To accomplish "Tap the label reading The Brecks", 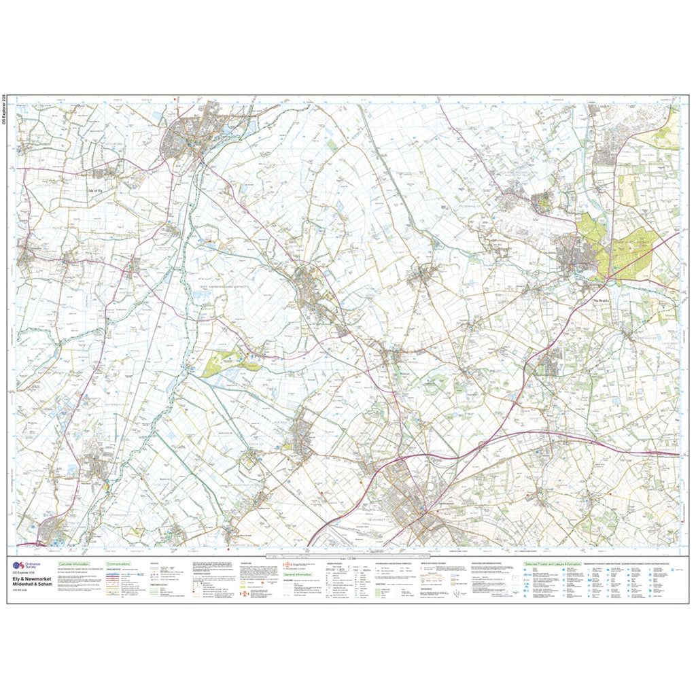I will [x=602, y=301].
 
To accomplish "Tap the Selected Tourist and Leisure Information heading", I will [x=552, y=564].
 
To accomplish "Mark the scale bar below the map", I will [x=347, y=553].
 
